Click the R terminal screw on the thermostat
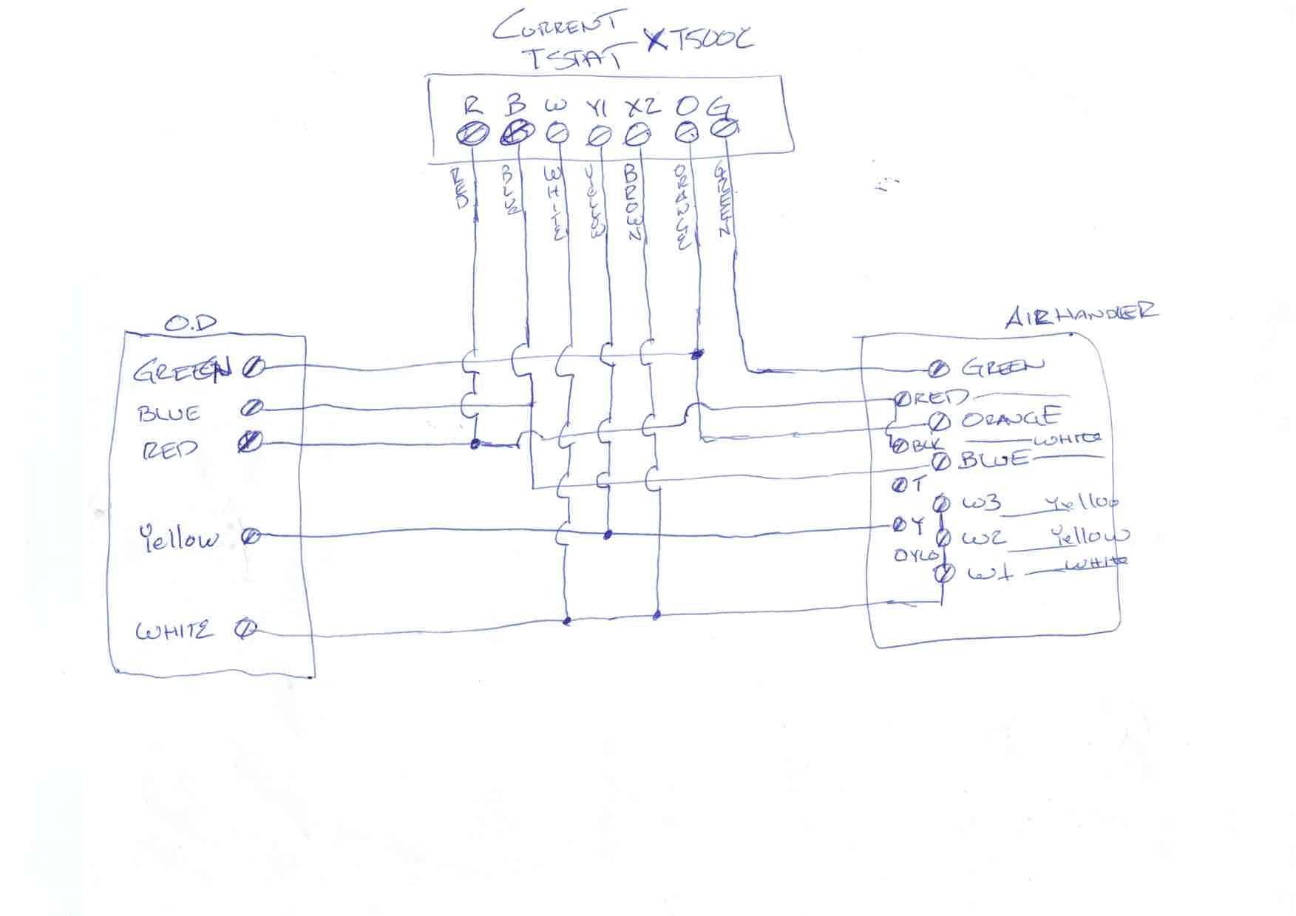[473, 135]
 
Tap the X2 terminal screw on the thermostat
[637, 135]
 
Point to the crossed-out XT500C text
[699, 38]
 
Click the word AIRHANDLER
[1080, 313]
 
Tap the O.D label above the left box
[189, 323]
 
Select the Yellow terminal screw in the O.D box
[251, 536]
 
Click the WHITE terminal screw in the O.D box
[245, 630]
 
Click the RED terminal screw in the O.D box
[250, 442]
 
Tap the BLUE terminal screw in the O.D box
[253, 407]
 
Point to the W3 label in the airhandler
[981, 503]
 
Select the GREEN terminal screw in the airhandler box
[938, 368]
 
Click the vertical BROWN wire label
[632, 203]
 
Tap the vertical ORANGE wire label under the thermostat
[682, 207]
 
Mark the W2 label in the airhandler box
[983, 537]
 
